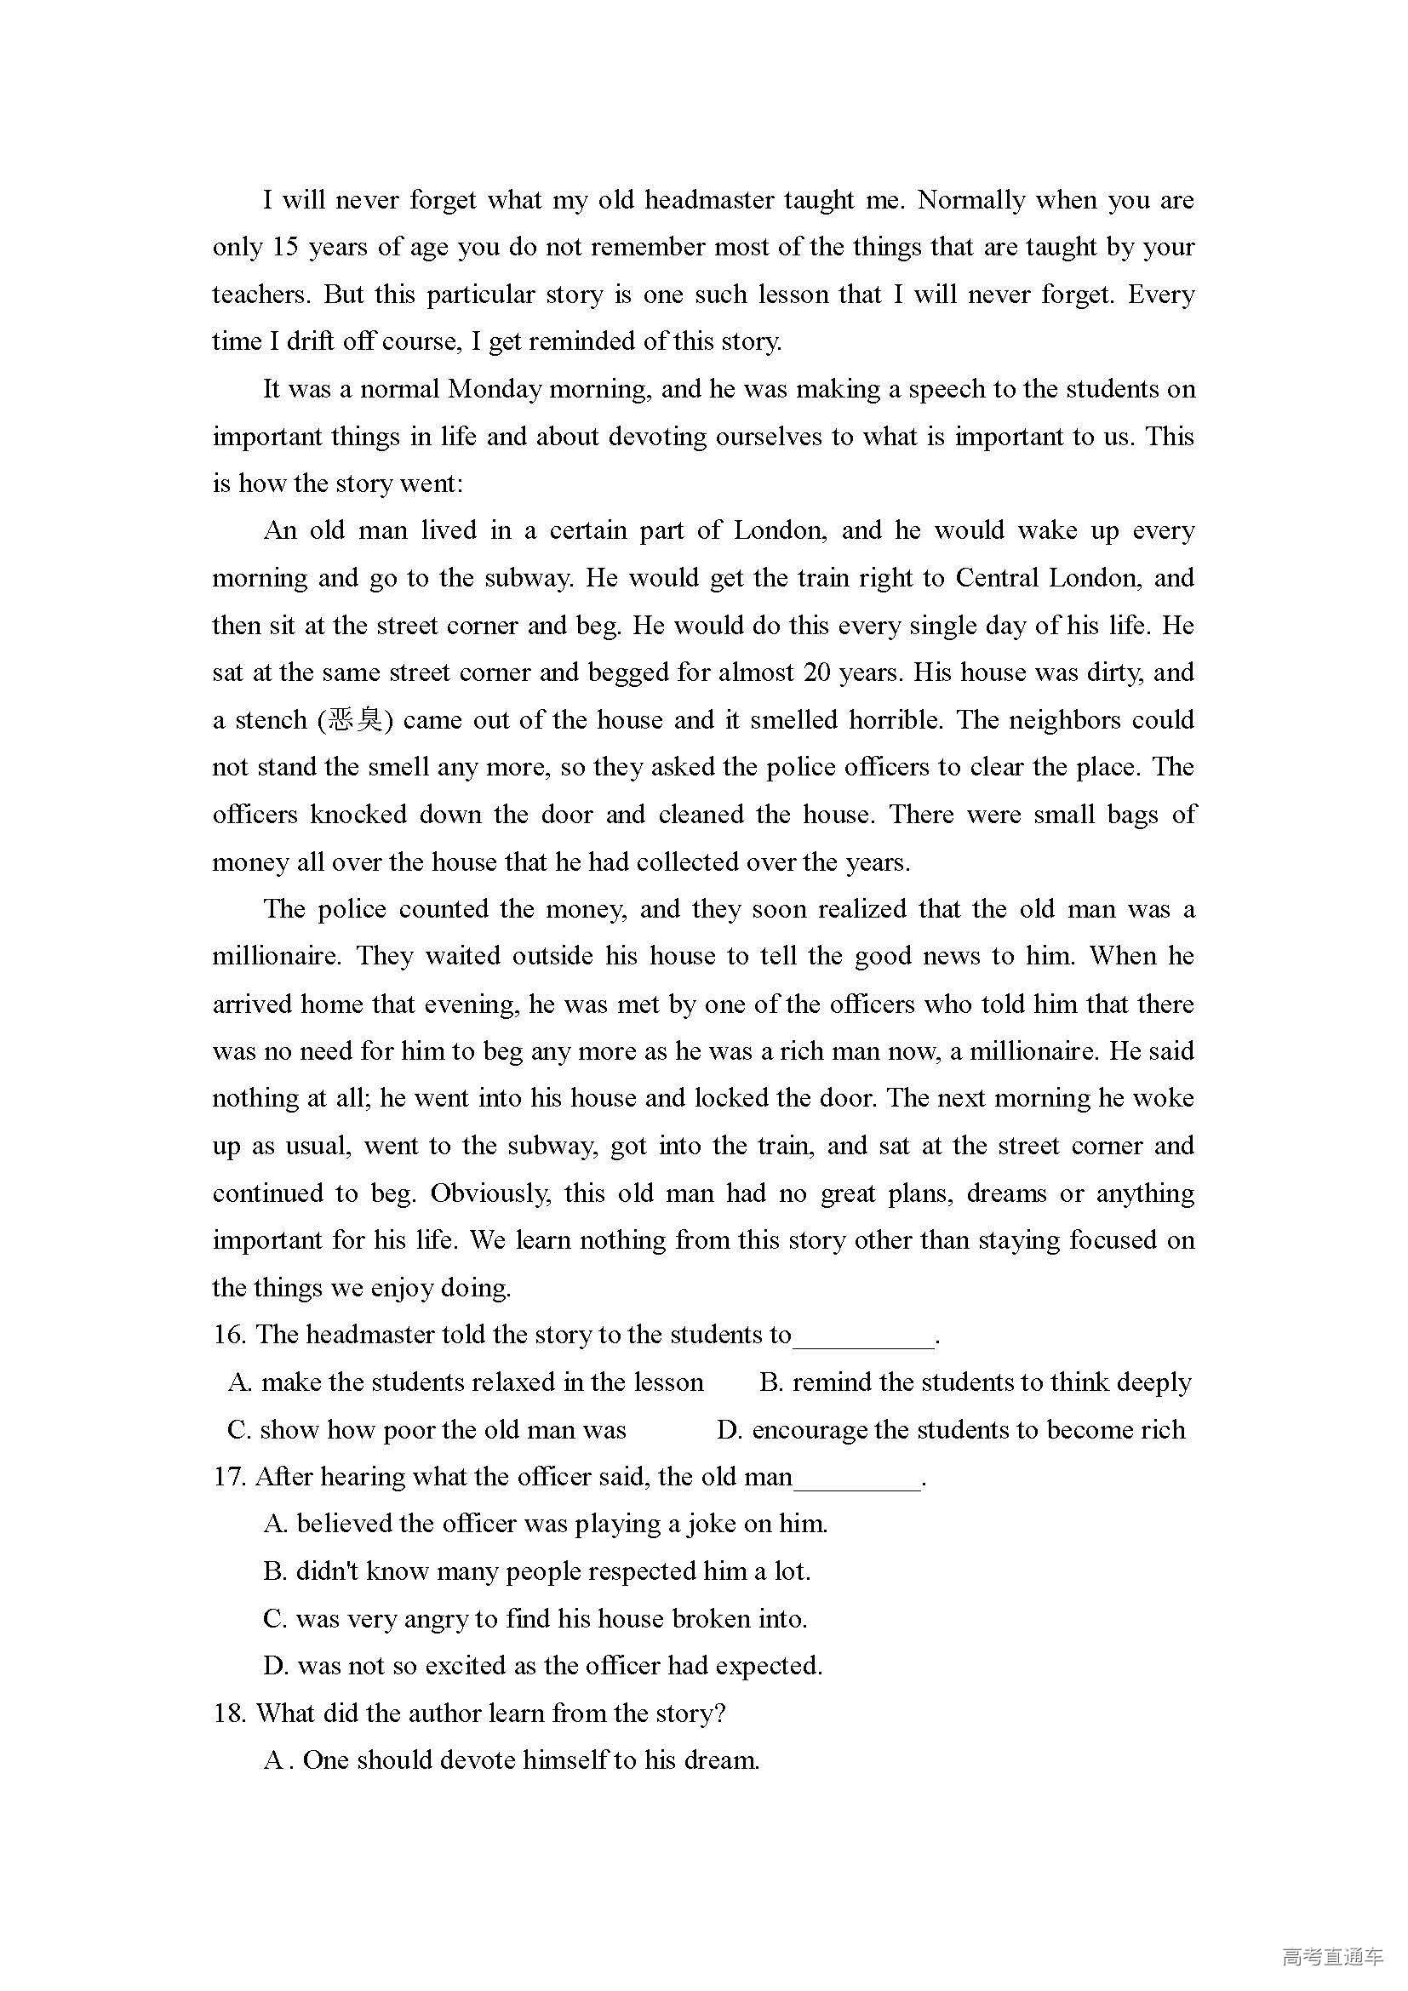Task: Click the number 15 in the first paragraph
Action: click(284, 248)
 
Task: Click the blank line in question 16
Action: click(863, 1338)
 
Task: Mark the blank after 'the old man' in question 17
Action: click(856, 1480)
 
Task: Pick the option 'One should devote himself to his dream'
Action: click(512, 1761)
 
